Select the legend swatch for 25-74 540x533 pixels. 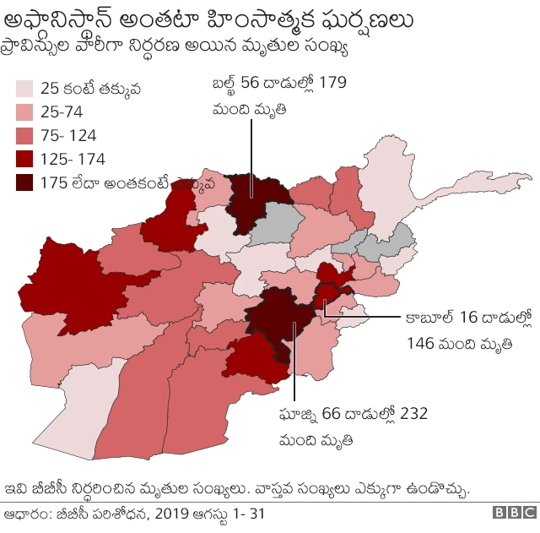click(24, 111)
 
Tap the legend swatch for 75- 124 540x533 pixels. click(24, 135)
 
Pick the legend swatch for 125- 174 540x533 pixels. click(24, 159)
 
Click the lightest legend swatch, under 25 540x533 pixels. click(24, 88)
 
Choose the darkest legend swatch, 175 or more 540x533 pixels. click(24, 182)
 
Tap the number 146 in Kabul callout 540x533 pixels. click(420, 343)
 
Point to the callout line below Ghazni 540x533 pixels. click(294, 372)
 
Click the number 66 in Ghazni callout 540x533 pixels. click(332, 414)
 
